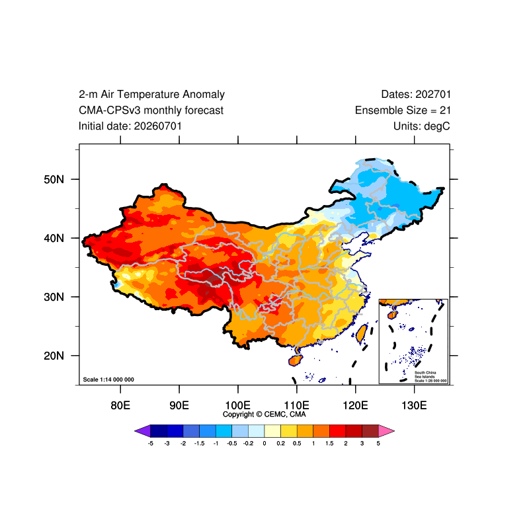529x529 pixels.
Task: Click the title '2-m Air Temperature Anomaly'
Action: (151, 95)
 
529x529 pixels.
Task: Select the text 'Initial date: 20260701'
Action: (130, 126)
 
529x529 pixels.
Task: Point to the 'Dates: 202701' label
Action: (416, 95)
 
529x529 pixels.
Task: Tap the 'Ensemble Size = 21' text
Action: (403, 110)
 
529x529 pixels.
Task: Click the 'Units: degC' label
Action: (421, 126)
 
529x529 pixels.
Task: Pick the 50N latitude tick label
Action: (54, 179)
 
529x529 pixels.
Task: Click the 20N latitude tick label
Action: (54, 356)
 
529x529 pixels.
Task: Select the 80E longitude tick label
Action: (120, 405)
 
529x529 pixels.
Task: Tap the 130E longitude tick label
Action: (414, 405)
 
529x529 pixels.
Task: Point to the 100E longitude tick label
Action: (238, 405)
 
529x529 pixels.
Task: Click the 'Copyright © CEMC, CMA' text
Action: (264, 415)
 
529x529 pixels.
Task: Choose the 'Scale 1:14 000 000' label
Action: (108, 380)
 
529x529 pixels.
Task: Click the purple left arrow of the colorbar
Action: (142, 431)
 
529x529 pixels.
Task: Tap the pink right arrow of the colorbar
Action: (386, 431)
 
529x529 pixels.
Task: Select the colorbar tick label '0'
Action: (264, 443)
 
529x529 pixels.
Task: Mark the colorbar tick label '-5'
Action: (151, 443)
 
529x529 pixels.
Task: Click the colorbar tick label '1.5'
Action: (329, 443)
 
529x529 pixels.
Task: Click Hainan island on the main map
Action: (296, 360)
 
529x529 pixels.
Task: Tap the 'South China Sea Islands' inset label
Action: (425, 374)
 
